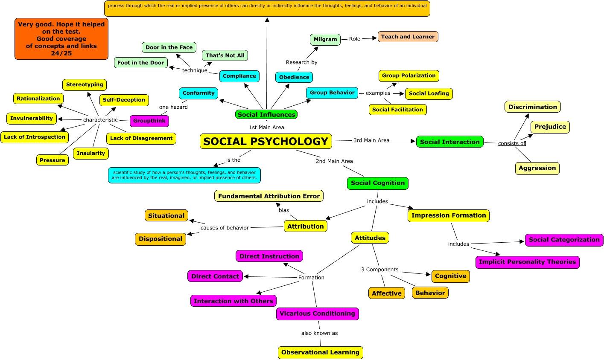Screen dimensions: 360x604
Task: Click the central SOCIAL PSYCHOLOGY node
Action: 266,141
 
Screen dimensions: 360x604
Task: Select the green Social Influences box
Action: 266,114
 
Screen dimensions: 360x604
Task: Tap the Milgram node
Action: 325,39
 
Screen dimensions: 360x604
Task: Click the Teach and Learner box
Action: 408,37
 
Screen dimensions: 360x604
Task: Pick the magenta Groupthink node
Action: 149,121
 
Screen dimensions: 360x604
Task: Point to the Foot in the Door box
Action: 140,63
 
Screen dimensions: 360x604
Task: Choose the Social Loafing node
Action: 429,93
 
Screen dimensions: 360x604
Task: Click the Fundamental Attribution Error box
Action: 269,196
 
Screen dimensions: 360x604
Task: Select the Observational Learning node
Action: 320,352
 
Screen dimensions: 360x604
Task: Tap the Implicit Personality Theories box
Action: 527,262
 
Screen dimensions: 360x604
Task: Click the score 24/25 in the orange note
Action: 61,53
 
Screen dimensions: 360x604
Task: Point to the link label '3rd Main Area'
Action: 371,140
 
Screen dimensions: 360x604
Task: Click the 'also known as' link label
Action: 319,333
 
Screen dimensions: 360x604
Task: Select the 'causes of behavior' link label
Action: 225,228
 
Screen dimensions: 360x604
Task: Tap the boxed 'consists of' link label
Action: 511,143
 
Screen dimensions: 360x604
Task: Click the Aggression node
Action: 537,168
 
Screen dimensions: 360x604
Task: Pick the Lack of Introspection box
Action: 35,137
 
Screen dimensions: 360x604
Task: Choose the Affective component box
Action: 386,293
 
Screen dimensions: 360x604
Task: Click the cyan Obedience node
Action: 294,77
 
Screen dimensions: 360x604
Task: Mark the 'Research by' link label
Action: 301,62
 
